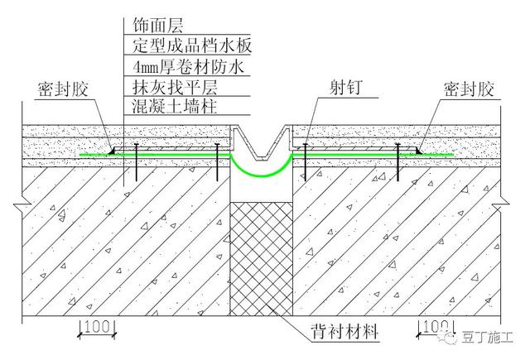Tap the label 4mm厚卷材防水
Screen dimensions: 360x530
click(x=181, y=65)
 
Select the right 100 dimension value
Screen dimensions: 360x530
click(x=433, y=329)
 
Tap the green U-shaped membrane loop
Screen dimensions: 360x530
click(x=262, y=170)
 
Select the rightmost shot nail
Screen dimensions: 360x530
click(x=398, y=161)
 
